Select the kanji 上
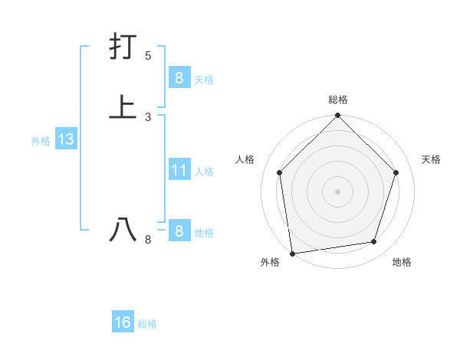point(123,106)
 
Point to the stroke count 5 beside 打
point(148,56)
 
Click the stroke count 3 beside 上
point(148,116)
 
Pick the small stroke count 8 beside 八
point(148,240)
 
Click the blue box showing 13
point(65,140)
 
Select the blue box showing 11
point(179,170)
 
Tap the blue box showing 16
point(123,322)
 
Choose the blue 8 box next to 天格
point(179,77)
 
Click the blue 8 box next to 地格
point(179,231)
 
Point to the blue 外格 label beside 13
point(41,141)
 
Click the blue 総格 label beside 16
point(147,324)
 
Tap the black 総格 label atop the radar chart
point(338,100)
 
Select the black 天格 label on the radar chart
point(431,159)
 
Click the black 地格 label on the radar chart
point(402,262)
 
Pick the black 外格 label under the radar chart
point(270,262)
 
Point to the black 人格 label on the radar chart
point(245,159)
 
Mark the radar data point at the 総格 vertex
point(338,116)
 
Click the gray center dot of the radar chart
point(338,191)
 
